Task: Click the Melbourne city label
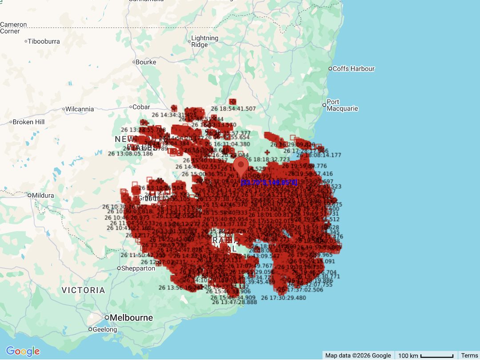pos(131,318)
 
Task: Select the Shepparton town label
pos(138,268)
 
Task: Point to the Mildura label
pos(43,195)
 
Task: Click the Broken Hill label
pos(28,122)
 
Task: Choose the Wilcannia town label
pos(80,109)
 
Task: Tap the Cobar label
pos(142,107)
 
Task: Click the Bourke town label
pos(146,62)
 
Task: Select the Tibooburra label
pos(44,41)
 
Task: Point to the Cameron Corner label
pos(13,28)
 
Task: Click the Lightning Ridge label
pos(204,41)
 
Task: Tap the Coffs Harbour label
pos(353,69)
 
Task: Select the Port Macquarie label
pos(342,105)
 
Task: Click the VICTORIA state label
pos(84,290)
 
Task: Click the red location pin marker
pos(241,167)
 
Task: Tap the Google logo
pos(23,351)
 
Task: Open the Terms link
pos(469,356)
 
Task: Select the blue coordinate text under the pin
pos(268,182)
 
